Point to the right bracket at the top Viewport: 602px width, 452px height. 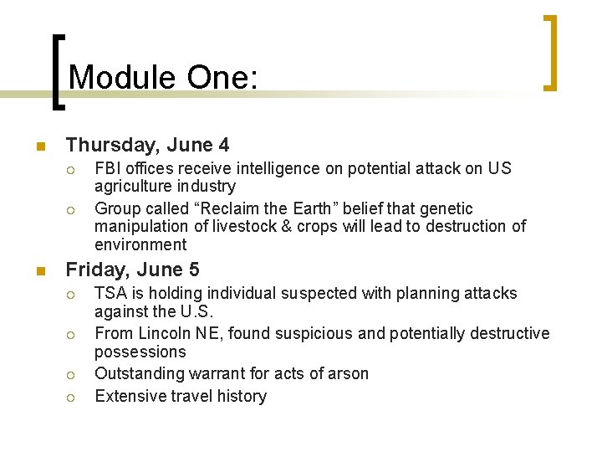pyautogui.click(x=550, y=52)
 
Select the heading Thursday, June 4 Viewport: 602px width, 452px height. pyautogui.click(x=147, y=146)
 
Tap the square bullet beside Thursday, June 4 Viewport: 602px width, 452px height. pyautogui.click(x=38, y=147)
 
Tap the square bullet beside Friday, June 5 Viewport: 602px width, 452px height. pyautogui.click(x=38, y=271)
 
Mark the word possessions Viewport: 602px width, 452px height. pyautogui.click(x=140, y=352)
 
